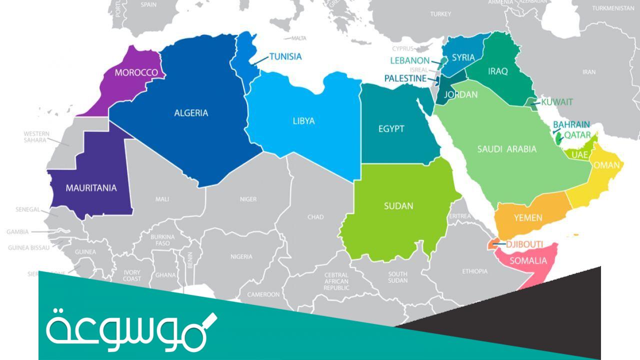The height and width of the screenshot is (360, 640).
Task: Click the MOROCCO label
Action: (x=136, y=72)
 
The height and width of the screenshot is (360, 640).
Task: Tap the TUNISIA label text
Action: (x=285, y=56)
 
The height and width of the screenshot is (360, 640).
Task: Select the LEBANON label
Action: (x=409, y=60)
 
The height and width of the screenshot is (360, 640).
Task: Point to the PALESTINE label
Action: (x=405, y=78)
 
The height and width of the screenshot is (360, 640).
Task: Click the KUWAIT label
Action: (x=557, y=102)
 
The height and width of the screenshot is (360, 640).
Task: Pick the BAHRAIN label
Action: (x=571, y=124)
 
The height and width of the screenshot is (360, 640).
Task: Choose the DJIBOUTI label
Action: (x=524, y=244)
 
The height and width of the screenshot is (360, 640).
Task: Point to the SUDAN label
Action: (x=398, y=205)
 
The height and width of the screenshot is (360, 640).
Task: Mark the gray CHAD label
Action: (x=315, y=217)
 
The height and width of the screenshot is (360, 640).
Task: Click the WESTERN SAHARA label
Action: (x=36, y=137)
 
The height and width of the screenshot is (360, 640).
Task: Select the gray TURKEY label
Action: (x=440, y=14)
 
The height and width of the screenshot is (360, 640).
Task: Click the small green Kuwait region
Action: (x=531, y=102)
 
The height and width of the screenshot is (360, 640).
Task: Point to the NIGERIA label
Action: (x=241, y=256)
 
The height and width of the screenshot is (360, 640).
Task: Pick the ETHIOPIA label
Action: (x=474, y=271)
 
